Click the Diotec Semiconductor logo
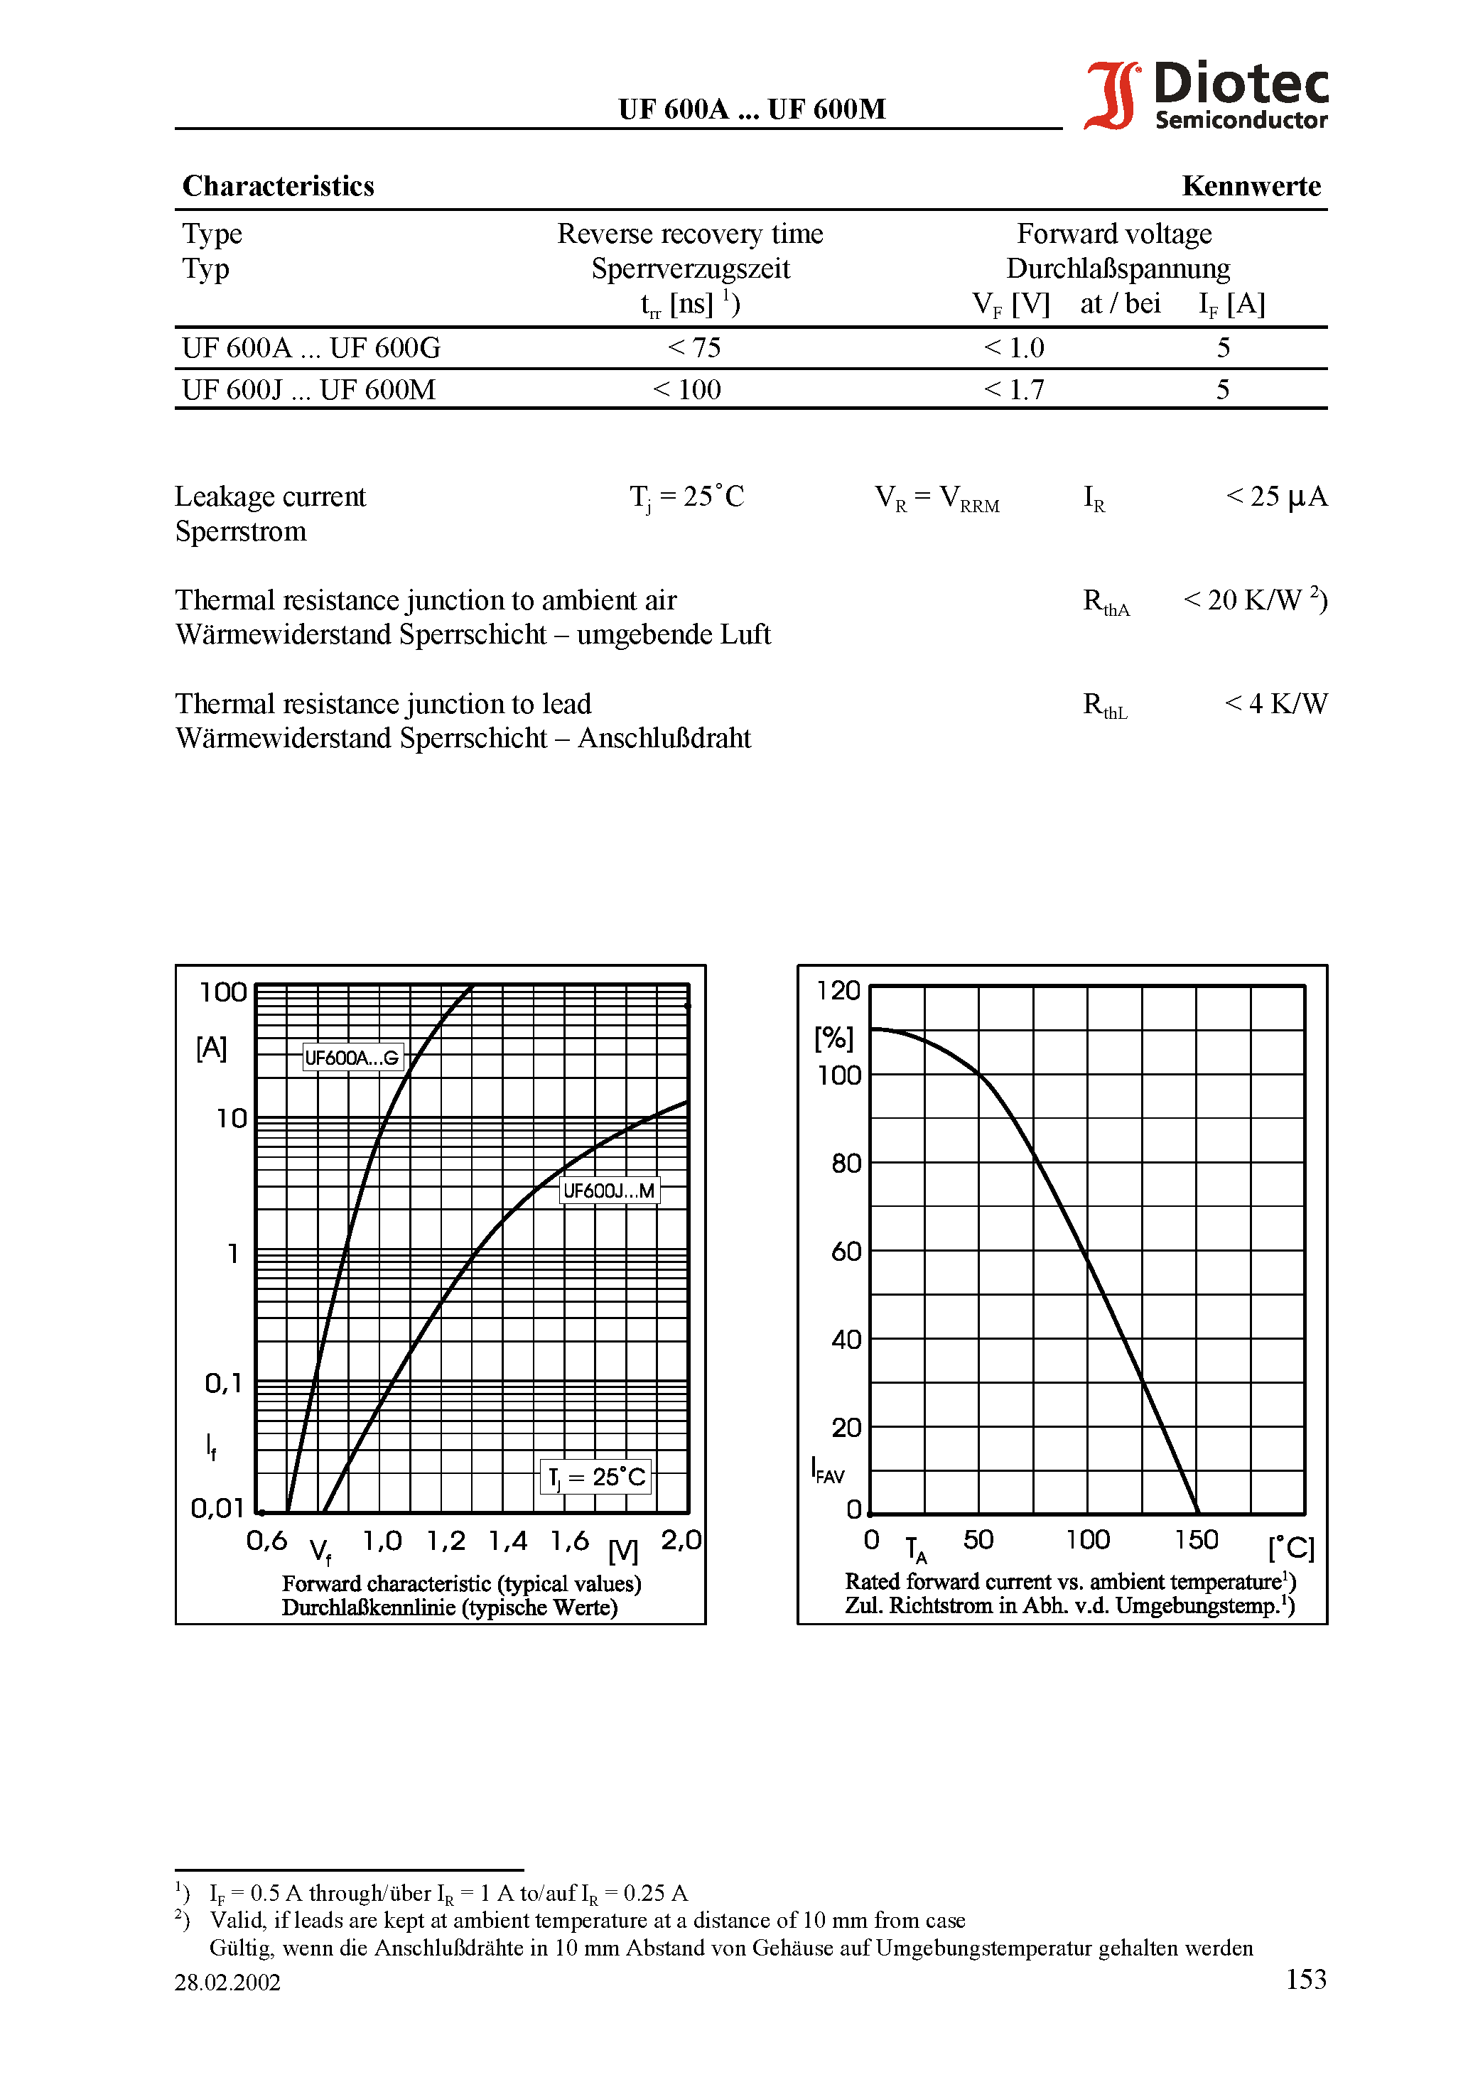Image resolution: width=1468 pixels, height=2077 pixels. [1207, 95]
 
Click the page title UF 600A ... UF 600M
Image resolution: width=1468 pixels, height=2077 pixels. [751, 109]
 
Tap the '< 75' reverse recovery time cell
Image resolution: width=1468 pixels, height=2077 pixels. [694, 348]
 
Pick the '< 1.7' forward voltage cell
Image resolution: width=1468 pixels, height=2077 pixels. [1014, 390]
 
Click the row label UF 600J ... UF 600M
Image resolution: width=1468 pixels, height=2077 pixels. [308, 390]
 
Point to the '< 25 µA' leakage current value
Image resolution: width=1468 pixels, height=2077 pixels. [1276, 497]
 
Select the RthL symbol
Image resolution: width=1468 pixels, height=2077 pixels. [1105, 705]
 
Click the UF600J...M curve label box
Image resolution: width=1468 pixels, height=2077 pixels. [609, 1191]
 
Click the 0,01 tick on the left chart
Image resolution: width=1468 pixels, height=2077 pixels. [218, 1508]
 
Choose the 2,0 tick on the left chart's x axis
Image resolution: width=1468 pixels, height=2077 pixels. [681, 1541]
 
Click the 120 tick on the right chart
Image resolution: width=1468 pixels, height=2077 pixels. [838, 991]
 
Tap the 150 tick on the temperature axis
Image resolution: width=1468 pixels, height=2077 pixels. [1197, 1540]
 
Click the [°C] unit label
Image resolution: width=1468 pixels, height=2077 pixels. [1290, 1548]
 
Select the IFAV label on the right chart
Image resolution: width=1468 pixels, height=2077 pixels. [827, 1470]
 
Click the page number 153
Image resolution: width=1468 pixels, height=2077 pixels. [1306, 1979]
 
